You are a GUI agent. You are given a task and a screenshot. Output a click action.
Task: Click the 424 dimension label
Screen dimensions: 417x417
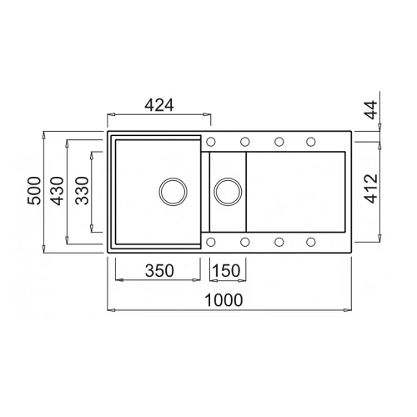(x=159, y=105)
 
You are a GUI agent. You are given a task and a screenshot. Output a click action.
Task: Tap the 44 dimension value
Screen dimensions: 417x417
(x=371, y=109)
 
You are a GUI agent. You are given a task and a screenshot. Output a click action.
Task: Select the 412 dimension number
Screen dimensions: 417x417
(x=371, y=188)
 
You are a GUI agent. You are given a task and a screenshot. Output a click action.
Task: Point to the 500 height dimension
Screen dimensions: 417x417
(x=34, y=191)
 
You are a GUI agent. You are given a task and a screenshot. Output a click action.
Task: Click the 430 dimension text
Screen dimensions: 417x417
(x=58, y=191)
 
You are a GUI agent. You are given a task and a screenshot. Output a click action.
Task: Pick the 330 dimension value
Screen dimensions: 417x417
(x=82, y=191)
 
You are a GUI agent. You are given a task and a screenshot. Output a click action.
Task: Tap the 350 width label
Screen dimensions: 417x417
(x=159, y=270)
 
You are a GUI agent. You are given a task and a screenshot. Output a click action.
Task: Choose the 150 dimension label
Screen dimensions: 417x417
(x=226, y=270)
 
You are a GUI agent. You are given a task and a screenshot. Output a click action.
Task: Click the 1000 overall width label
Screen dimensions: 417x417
(x=224, y=300)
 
